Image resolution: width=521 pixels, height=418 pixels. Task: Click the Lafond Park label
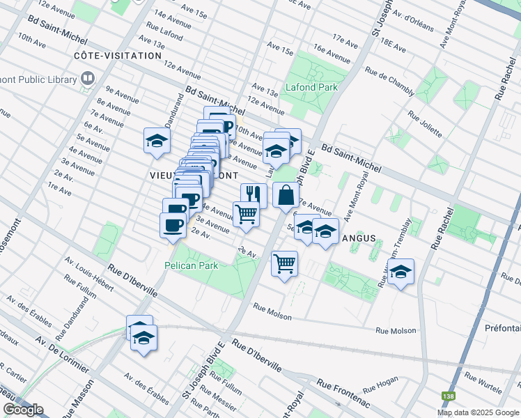tap(311, 87)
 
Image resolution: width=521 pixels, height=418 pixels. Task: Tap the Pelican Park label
tap(191, 265)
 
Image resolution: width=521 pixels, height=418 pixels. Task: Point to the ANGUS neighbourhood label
tap(359, 238)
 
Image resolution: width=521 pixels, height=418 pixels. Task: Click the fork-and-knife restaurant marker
tap(254, 195)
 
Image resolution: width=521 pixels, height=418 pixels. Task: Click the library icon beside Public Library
tap(88, 79)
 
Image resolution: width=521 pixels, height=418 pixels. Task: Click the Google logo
tap(23, 410)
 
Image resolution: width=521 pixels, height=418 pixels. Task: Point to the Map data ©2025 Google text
tap(477, 412)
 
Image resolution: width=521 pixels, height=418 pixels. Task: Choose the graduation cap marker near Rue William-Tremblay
tap(401, 271)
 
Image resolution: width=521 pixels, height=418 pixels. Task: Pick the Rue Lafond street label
tap(165, 32)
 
